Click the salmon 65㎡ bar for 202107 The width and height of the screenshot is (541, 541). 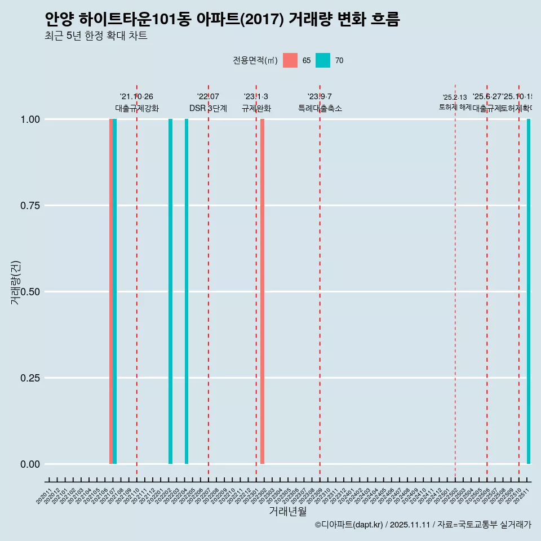click(111, 291)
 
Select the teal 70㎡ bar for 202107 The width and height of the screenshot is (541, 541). click(115, 291)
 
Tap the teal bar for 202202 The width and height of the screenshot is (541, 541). click(171, 291)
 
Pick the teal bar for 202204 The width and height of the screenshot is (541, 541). click(187, 291)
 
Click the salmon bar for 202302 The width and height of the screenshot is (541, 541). click(263, 291)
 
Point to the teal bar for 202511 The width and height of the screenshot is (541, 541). click(529, 291)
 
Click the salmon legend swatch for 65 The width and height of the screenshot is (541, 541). click(290, 60)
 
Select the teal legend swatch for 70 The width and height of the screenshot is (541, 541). click(323, 60)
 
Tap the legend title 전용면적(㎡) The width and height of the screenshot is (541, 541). click(255, 60)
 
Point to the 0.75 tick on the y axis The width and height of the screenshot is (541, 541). click(29, 206)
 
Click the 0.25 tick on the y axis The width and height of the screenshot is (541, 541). click(29, 378)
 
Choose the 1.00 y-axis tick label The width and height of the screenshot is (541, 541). click(29, 119)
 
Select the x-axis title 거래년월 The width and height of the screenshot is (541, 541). click(287, 511)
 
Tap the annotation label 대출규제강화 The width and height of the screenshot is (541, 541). click(137, 108)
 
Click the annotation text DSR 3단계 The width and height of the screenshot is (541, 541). click(208, 108)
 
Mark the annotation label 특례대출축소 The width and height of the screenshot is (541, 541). click(320, 108)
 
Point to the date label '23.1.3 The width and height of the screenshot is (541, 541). click(256, 96)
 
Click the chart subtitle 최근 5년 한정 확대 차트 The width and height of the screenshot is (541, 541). click(96, 36)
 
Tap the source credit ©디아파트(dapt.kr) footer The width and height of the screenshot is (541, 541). click(423, 525)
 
